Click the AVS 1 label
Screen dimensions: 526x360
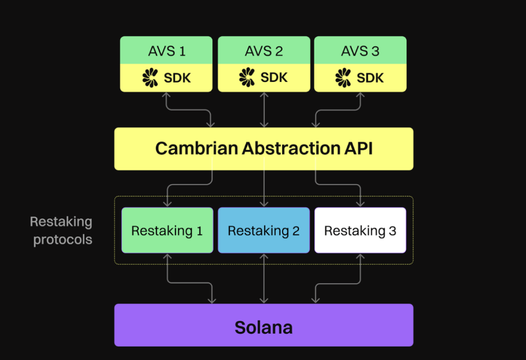167,51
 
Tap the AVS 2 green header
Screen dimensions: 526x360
264,50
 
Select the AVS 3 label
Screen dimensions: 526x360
360,51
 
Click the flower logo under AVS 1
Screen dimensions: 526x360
150,78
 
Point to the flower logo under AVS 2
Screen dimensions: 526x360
247,77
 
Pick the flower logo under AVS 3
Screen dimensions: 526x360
343,78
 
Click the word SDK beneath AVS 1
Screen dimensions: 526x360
177,78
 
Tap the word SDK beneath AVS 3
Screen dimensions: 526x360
370,78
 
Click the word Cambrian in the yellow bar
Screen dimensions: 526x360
196,148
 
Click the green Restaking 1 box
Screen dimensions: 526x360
168,230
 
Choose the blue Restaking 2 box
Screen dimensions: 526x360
264,230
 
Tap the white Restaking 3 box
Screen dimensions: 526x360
360,230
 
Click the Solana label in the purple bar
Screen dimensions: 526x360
264,328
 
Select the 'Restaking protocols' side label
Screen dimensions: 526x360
61,230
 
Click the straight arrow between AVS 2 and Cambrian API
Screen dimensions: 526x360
264,110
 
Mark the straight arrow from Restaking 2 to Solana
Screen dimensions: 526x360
264,279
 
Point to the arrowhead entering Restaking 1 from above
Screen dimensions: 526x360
168,203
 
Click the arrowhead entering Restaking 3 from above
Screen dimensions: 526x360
360,203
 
